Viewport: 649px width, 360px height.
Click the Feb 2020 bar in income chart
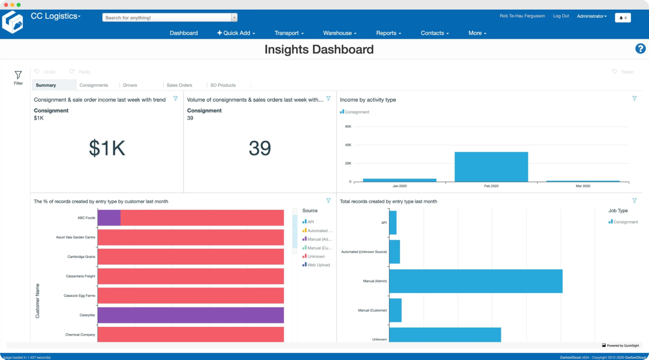click(x=491, y=166)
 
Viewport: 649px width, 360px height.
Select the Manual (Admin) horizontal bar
click(x=476, y=281)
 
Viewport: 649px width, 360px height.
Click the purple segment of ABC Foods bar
click(x=109, y=218)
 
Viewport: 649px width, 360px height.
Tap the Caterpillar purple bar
click(x=190, y=315)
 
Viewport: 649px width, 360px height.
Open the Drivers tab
click(x=130, y=85)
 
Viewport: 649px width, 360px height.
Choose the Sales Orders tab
click(x=180, y=85)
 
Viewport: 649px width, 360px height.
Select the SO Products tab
click(x=223, y=85)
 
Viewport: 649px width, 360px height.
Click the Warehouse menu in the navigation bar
click(x=339, y=33)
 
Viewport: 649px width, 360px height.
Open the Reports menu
click(x=388, y=33)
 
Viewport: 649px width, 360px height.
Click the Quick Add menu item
click(x=236, y=33)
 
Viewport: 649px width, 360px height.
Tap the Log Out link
click(x=561, y=16)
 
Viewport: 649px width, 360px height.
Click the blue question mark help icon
click(x=640, y=48)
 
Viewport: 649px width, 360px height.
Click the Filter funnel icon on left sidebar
click(x=18, y=75)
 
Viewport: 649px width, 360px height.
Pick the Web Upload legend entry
click(x=318, y=265)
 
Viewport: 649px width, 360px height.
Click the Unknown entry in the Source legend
click(x=316, y=256)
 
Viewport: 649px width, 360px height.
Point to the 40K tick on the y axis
click(x=348, y=145)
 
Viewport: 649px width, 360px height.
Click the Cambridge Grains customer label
click(x=81, y=256)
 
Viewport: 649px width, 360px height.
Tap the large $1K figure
click(x=107, y=148)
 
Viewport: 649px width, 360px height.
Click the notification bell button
click(x=623, y=18)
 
